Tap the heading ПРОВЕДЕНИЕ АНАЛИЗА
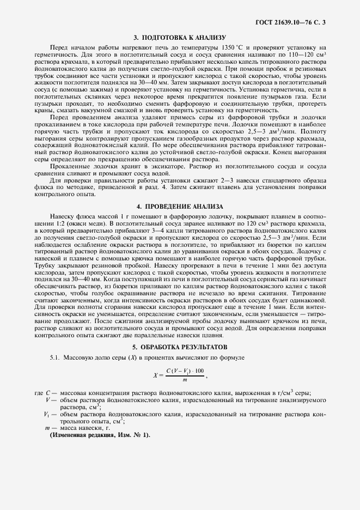179,207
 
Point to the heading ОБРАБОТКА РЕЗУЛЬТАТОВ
179,347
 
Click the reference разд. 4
218,189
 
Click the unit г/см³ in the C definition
293,393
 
